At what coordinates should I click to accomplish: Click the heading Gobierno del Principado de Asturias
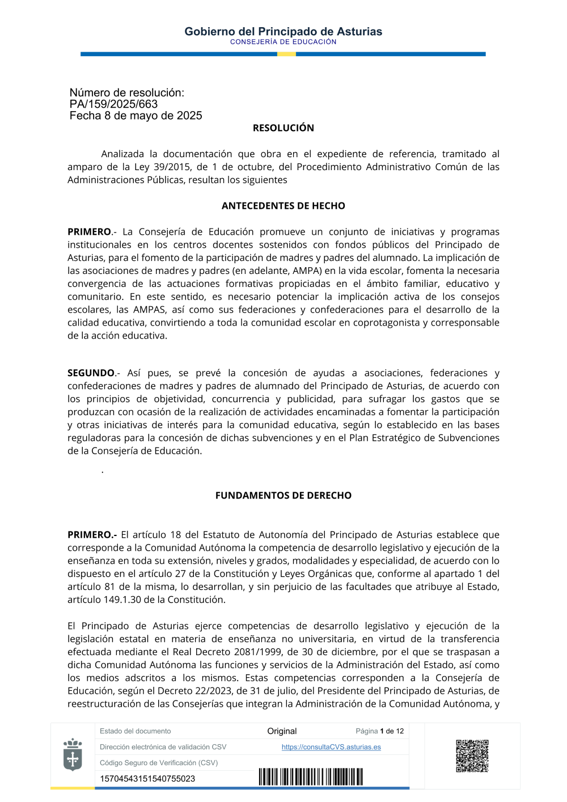point(283,32)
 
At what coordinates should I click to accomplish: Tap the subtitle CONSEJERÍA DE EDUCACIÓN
point(283,42)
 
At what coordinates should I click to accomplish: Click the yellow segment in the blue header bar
point(286,54)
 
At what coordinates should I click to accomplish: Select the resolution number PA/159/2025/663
point(113,104)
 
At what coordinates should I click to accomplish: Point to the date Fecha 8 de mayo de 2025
point(136,116)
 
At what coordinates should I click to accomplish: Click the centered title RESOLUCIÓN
point(283,128)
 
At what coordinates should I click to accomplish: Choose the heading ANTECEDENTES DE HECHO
point(283,206)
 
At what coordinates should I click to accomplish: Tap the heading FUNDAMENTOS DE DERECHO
point(283,496)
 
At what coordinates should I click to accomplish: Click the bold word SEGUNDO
point(91,373)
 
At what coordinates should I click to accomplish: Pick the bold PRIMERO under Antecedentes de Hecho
point(90,232)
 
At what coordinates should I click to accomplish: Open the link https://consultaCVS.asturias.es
point(331,747)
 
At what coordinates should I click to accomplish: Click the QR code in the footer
point(472,756)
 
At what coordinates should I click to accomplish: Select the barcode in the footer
point(311,777)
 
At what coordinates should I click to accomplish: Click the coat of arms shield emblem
point(73,755)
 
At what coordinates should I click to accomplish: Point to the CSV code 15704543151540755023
point(147,779)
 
